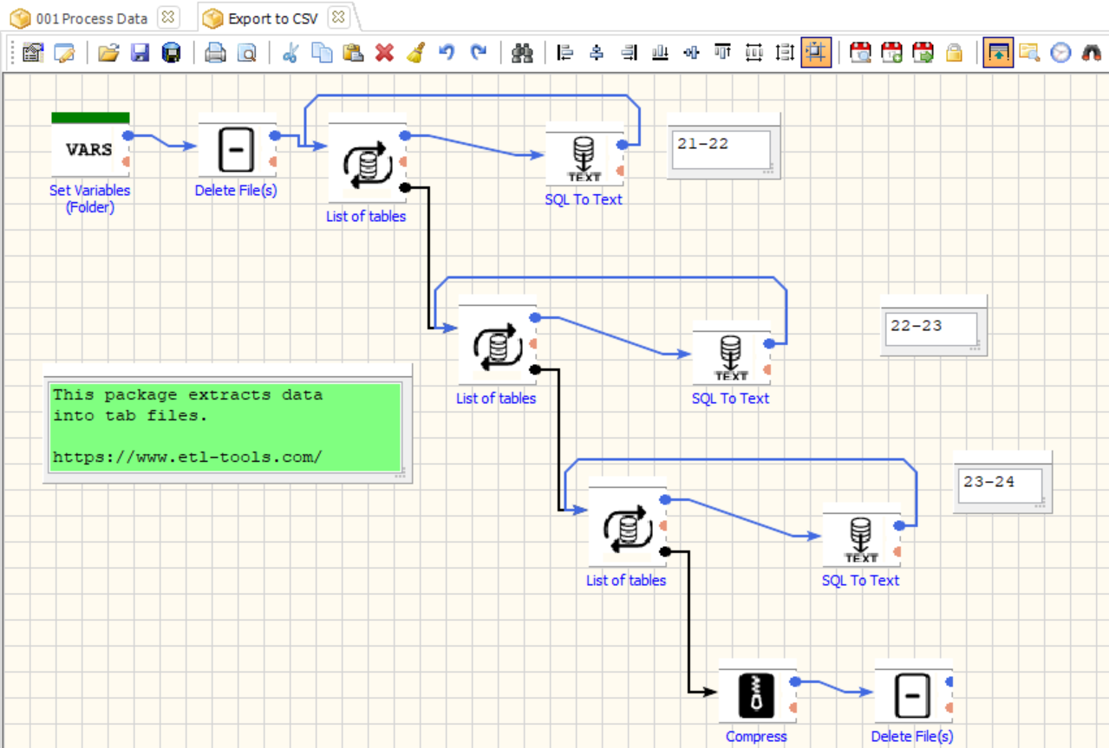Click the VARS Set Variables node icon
(89, 149)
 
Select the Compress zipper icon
(757, 695)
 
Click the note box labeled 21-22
(721, 149)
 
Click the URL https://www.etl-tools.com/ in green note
(187, 456)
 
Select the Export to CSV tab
(272, 17)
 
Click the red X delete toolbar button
(384, 53)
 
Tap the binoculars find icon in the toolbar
(522, 53)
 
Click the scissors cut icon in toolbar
(290, 53)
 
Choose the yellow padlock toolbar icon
(954, 53)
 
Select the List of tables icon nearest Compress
(626, 525)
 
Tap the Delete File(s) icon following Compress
(912, 695)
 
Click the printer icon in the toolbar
(215, 53)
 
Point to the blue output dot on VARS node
(127, 135)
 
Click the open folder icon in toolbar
(108, 53)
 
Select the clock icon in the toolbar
(1060, 53)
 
